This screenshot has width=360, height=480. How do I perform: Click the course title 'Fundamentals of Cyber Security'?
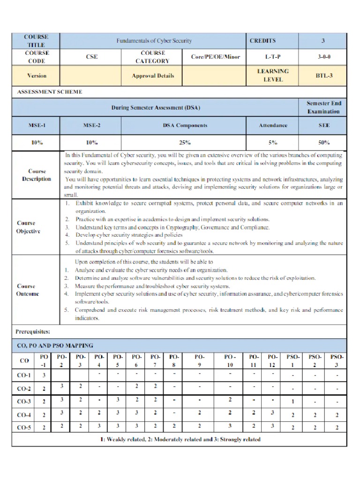tap(154, 41)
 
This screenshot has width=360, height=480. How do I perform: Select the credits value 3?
tap(323, 41)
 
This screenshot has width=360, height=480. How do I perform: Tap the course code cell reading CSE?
tap(91, 57)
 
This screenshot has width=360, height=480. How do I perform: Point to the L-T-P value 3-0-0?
tap(323, 57)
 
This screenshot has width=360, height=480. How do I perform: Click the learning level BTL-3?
tap(323, 75)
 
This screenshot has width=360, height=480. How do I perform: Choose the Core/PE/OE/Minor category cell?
tap(215, 57)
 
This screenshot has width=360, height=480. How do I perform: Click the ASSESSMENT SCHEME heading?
tap(50, 92)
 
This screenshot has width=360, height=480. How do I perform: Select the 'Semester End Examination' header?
tap(323, 107)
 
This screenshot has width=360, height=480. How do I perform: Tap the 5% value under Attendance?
tap(273, 142)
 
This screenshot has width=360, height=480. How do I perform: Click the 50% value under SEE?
tap(323, 142)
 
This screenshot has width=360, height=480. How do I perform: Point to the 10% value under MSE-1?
tap(37, 142)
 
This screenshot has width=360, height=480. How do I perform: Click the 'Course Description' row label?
tap(37, 175)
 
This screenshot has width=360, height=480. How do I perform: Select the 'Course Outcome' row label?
tap(28, 290)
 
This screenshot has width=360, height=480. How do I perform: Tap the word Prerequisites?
tap(33, 332)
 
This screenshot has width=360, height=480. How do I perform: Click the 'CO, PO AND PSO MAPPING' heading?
tap(54, 345)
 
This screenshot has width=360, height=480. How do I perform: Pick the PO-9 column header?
tap(199, 360)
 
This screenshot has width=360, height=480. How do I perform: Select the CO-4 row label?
tap(24, 415)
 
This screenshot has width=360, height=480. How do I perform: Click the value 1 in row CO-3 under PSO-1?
tap(293, 401)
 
